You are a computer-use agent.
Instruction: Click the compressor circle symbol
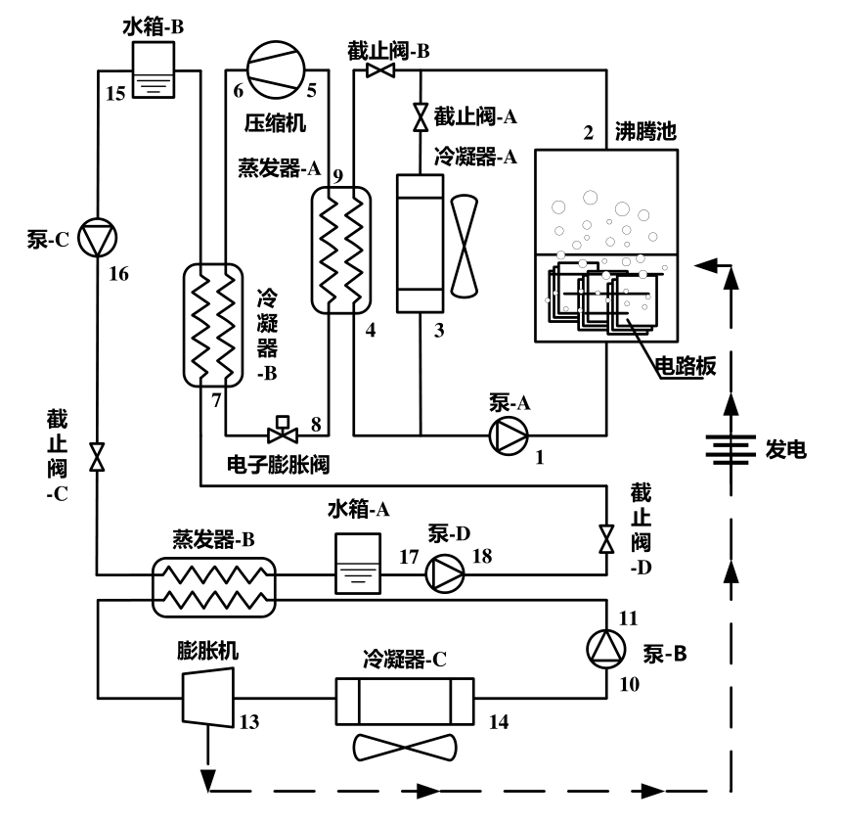click(x=276, y=69)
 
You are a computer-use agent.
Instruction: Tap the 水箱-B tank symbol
click(x=154, y=69)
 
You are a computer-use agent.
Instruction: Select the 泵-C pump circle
click(x=97, y=238)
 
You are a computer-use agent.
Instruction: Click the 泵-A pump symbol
click(x=509, y=435)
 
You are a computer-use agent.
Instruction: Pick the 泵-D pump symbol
click(x=445, y=573)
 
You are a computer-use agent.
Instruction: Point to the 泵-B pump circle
click(x=606, y=649)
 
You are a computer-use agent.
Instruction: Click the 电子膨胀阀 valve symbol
click(x=283, y=430)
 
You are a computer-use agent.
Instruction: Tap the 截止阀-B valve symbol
click(x=380, y=70)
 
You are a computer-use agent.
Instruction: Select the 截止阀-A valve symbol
click(x=421, y=117)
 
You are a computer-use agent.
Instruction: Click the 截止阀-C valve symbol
click(x=97, y=457)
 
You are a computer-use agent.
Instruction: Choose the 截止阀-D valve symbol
click(x=606, y=539)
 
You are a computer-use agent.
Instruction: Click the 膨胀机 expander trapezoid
click(x=208, y=697)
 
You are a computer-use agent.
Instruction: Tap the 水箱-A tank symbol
click(x=358, y=564)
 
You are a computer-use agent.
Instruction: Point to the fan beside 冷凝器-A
click(x=464, y=246)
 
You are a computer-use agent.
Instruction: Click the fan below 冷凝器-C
click(x=405, y=748)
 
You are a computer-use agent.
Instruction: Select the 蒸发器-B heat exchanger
click(x=214, y=586)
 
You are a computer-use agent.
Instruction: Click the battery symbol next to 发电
click(x=731, y=449)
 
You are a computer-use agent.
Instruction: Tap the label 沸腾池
click(x=644, y=131)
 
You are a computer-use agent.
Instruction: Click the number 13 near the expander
click(x=248, y=721)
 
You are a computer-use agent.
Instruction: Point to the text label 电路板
click(x=686, y=366)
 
